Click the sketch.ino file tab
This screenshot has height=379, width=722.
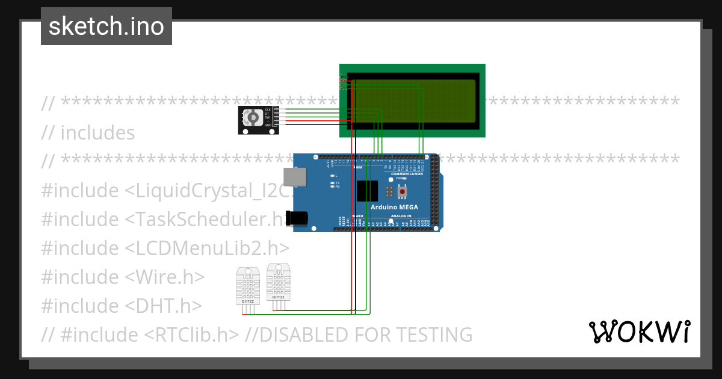106,26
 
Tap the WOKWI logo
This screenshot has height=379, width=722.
639,331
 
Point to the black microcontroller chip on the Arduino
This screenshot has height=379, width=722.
367,191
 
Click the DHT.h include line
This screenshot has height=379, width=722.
121,306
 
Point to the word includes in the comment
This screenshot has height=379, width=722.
97,133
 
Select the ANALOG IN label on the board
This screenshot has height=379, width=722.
401,215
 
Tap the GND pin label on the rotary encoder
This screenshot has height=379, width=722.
268,125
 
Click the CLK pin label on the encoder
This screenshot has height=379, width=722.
268,109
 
